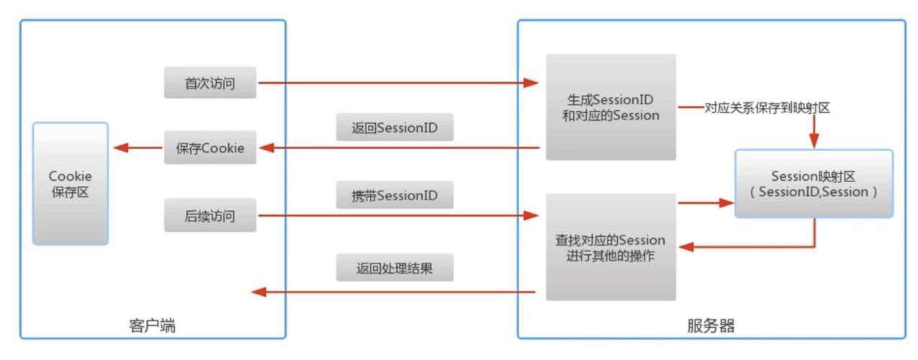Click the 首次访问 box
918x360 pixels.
tap(210, 83)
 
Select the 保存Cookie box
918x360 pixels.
tap(210, 148)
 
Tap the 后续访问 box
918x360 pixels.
tap(210, 215)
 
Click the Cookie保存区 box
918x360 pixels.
tap(70, 184)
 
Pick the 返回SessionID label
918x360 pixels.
tap(394, 127)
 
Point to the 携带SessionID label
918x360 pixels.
tap(394, 195)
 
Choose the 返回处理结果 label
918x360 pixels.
tap(394, 269)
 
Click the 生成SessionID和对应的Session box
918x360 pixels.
tap(611, 107)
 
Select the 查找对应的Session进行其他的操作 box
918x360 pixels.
tap(611, 247)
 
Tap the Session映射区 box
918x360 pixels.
tap(814, 184)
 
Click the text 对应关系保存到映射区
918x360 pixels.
tap(768, 108)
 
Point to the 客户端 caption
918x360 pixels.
tap(152, 326)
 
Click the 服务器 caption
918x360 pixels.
tap(711, 326)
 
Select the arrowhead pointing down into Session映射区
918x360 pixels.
tap(815, 141)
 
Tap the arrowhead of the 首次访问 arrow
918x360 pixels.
tap(531, 83)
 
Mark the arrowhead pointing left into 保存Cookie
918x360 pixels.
tap(266, 148)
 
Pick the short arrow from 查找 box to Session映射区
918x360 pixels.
tap(704, 203)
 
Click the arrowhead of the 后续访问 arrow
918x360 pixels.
tap(531, 215)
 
